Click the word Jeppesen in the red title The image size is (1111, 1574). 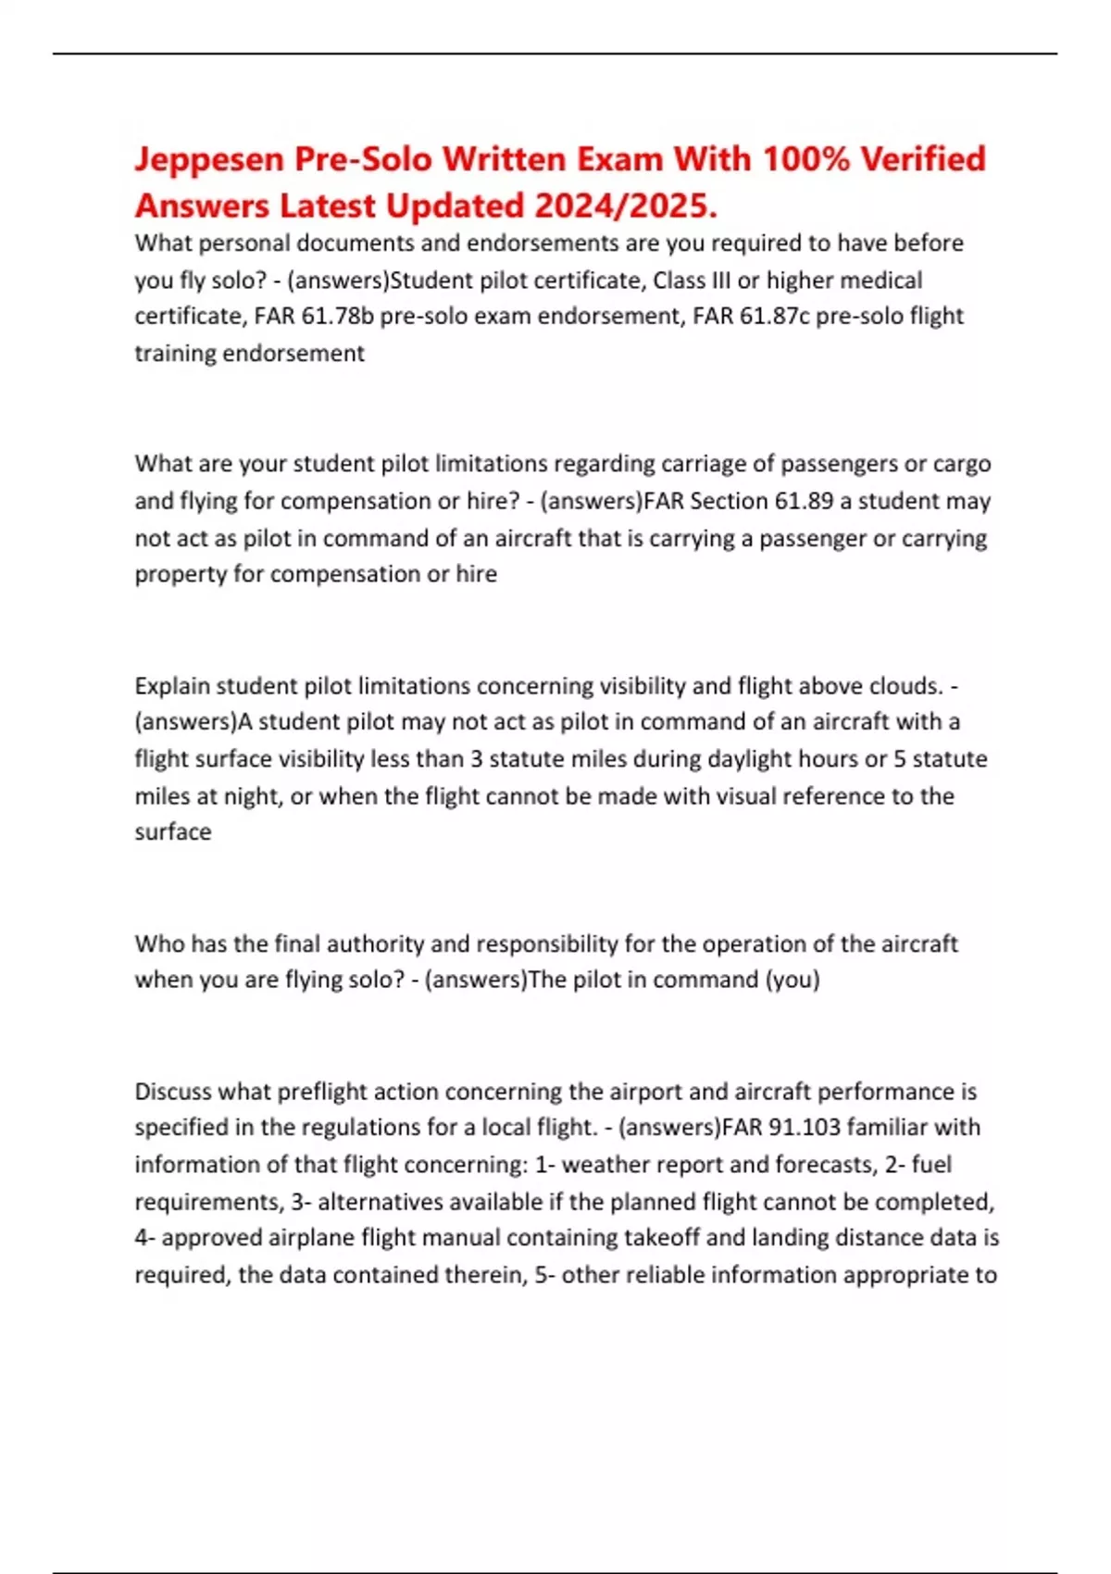click(x=208, y=160)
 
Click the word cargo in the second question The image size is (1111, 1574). click(x=963, y=464)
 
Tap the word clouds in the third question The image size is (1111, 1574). click(x=905, y=686)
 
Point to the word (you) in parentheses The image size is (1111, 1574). click(x=792, y=980)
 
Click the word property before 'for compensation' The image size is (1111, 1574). click(x=181, y=574)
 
